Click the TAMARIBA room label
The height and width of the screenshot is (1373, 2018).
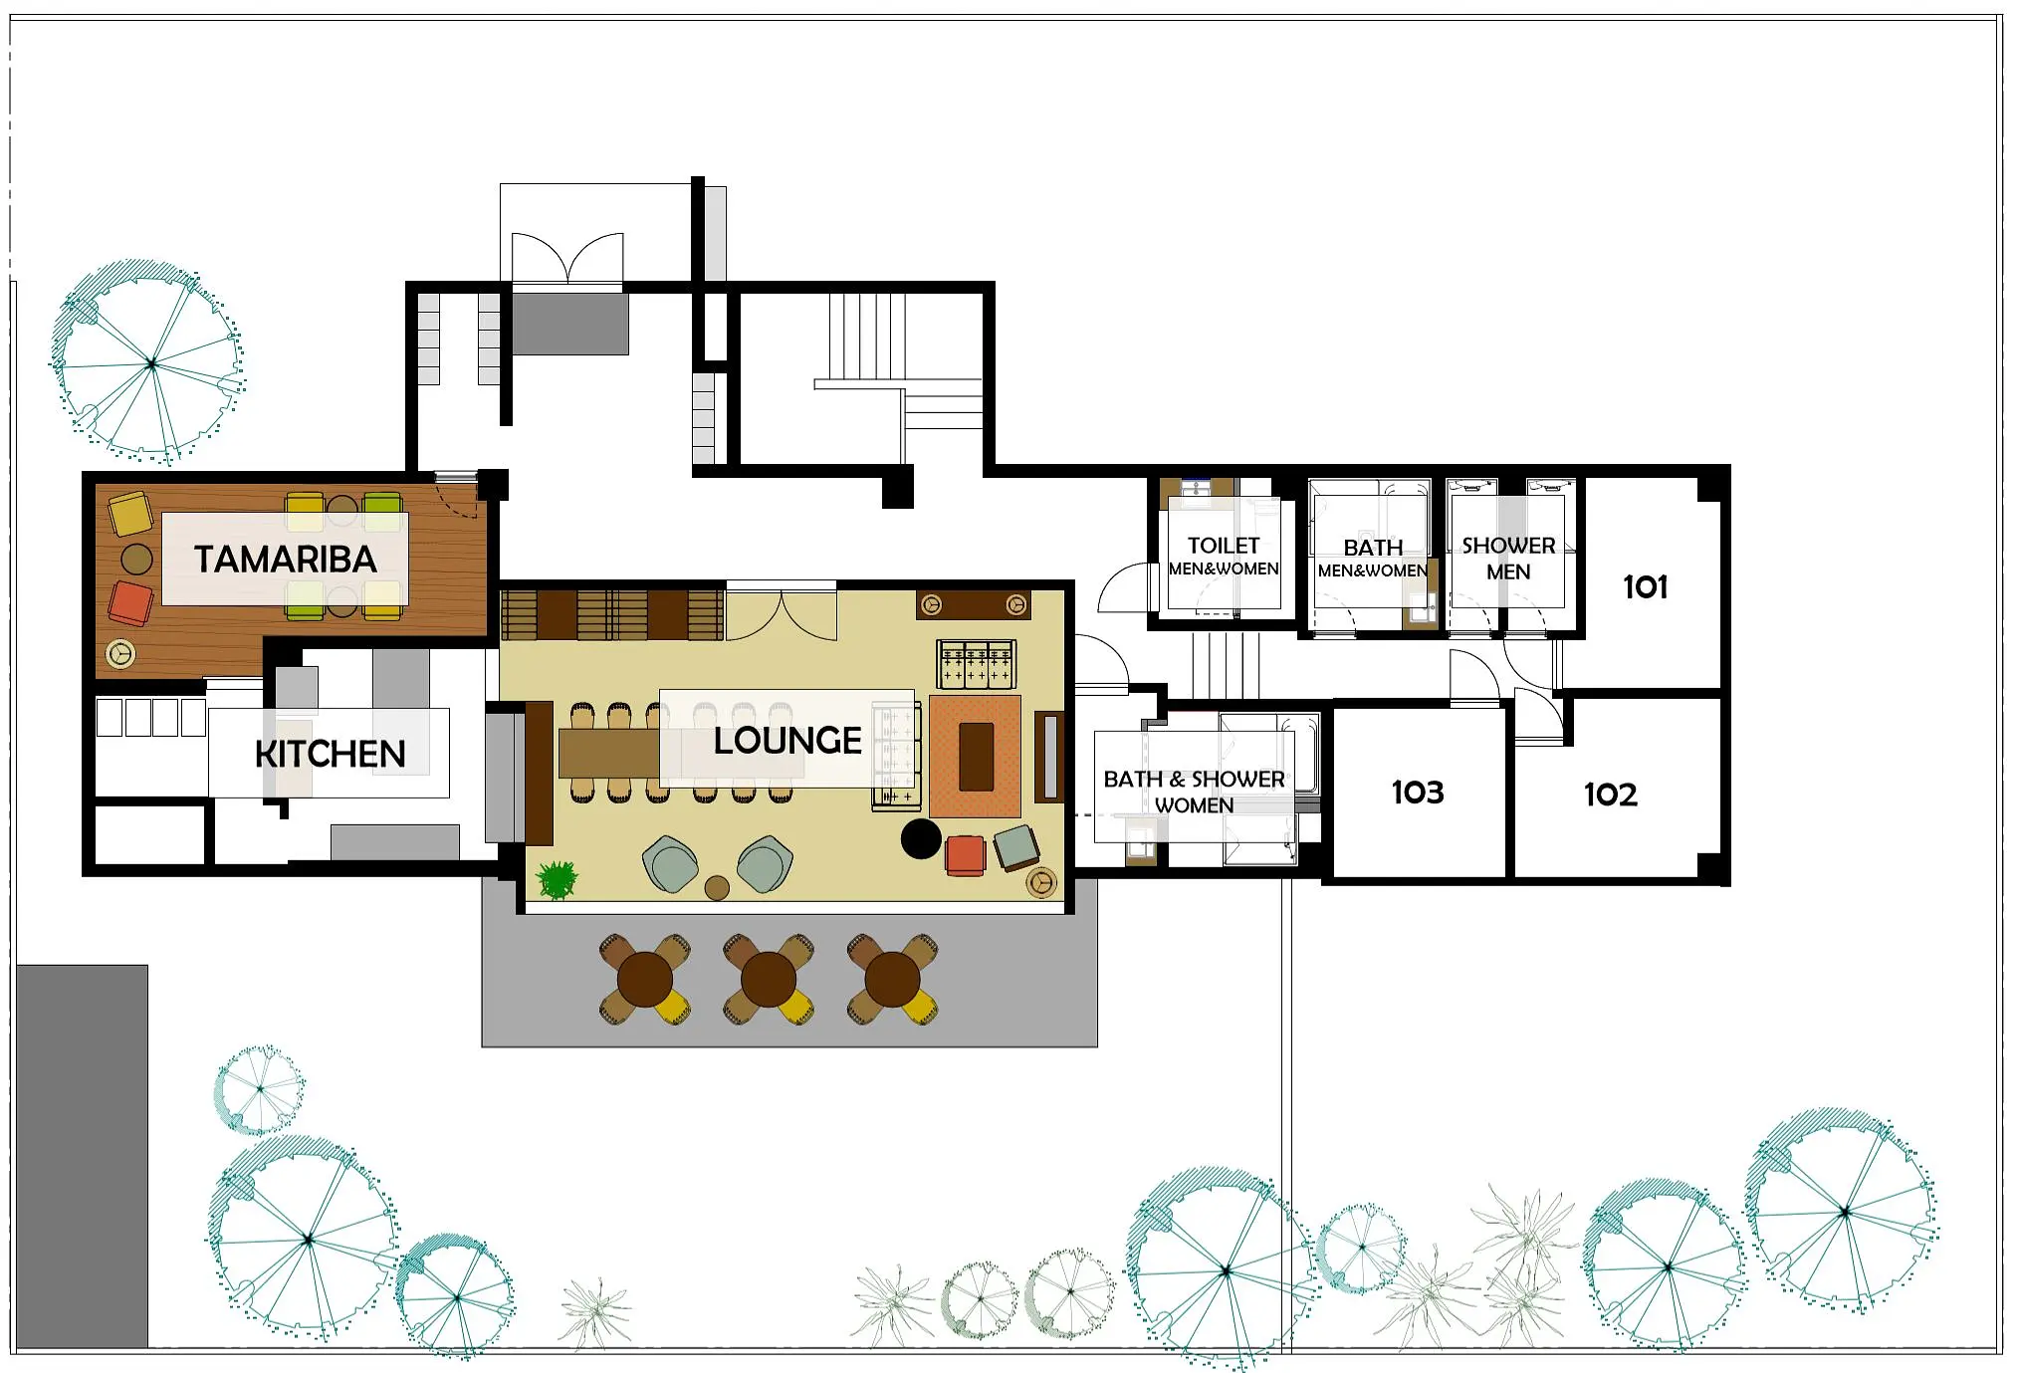[x=285, y=560]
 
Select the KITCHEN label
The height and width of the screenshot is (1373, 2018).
[x=331, y=754]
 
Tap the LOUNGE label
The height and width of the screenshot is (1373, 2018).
[x=787, y=740]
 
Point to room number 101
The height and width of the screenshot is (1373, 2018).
[x=1645, y=586]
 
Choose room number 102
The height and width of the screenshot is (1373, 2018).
[x=1610, y=794]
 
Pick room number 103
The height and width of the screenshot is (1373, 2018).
[x=1417, y=792]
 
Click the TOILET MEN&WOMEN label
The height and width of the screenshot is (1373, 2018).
[x=1224, y=556]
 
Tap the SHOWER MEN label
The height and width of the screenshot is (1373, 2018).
[x=1508, y=558]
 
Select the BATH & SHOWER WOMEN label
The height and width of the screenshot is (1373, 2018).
[x=1194, y=792]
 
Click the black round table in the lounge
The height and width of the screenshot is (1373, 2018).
[x=921, y=838]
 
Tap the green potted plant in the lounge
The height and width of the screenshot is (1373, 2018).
[x=557, y=879]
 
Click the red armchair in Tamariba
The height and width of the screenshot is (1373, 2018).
[x=130, y=603]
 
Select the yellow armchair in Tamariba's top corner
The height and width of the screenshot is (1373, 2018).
[x=130, y=513]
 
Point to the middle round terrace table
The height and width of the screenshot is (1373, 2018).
[x=769, y=980]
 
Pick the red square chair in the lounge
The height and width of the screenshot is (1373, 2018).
[x=965, y=855]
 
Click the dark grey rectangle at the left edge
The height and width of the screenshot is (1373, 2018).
[x=82, y=1156]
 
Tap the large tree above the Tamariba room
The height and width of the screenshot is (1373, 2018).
[x=149, y=363]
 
